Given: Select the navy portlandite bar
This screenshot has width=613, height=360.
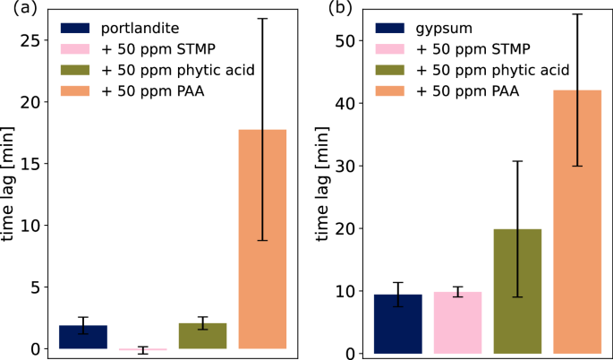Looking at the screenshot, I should point(82,337).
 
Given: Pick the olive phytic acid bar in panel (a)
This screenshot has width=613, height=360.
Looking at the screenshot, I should point(202,336).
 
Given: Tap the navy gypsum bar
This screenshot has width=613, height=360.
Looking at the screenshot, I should point(398,323).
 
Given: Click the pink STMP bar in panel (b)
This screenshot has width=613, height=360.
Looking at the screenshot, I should point(457,322).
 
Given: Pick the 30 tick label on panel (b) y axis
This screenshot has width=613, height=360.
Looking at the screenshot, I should point(339,166).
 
